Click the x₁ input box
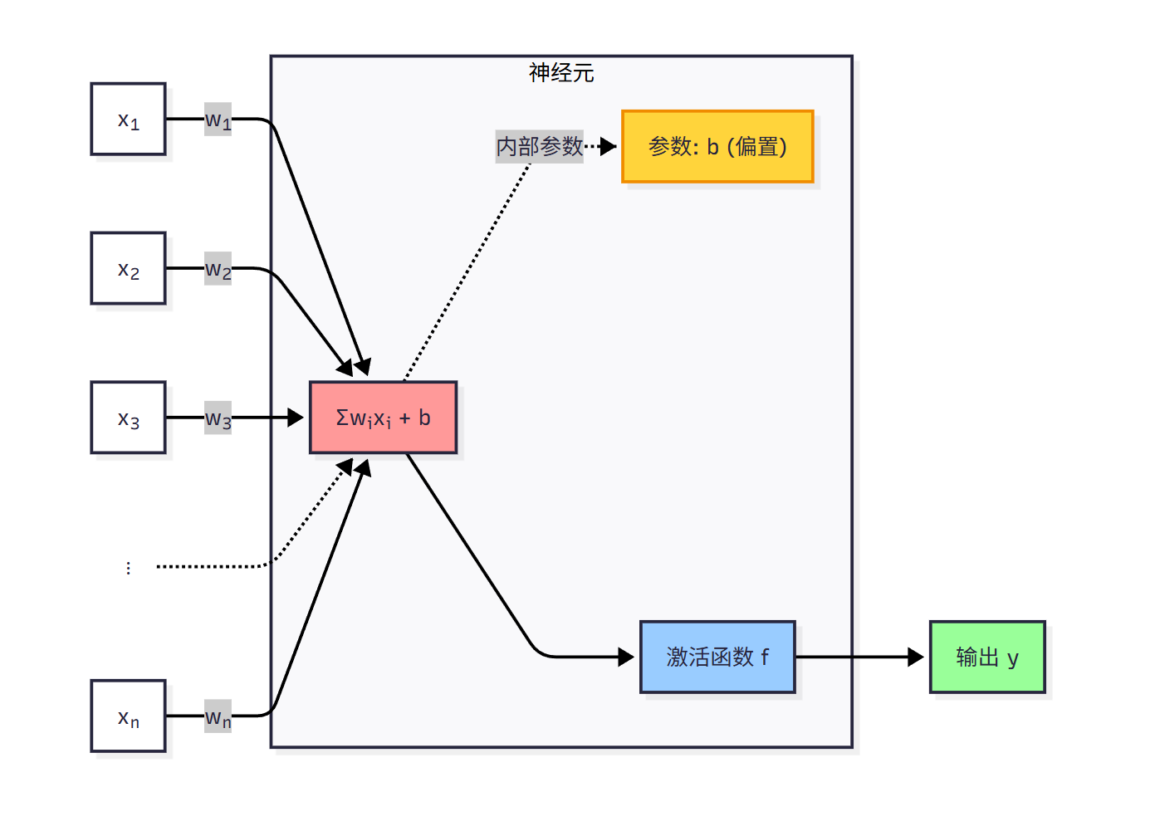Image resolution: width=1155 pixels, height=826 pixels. (128, 119)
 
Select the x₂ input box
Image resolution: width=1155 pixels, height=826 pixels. (128, 268)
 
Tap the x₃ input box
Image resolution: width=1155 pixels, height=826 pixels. (128, 418)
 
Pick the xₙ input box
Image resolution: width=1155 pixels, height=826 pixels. (128, 716)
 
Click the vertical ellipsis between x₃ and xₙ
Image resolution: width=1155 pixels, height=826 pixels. (128, 568)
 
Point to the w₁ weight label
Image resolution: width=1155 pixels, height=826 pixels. (218, 120)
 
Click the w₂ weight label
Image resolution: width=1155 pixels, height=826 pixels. (218, 269)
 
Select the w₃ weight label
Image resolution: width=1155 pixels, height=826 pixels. (218, 418)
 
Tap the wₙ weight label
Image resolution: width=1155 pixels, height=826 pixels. (218, 716)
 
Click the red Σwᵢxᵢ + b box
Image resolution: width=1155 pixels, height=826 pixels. (383, 418)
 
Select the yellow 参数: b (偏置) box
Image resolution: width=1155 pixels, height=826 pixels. (717, 146)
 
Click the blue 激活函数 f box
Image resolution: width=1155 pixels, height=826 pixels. (717, 657)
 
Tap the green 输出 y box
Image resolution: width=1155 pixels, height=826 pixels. (987, 657)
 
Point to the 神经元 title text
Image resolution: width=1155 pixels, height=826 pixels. (561, 73)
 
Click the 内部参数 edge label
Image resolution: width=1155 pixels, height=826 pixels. (540, 146)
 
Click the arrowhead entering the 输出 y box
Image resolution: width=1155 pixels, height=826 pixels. (916, 657)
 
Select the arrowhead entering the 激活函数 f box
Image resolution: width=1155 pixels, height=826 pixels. (627, 657)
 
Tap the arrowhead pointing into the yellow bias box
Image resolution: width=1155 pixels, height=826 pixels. (609, 146)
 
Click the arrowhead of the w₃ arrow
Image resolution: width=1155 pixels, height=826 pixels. (296, 418)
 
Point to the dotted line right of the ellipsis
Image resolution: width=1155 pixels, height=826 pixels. (212, 566)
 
